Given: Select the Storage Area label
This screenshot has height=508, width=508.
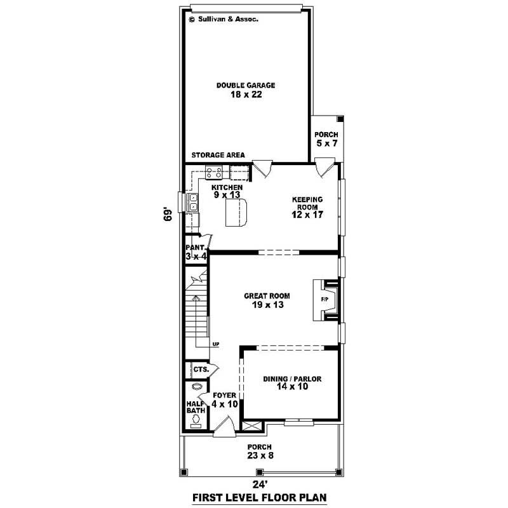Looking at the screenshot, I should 218,155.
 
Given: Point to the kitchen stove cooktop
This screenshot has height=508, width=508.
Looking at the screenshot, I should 213,171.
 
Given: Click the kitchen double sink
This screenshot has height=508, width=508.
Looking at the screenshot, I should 192,203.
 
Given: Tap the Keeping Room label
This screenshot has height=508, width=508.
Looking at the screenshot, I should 308,207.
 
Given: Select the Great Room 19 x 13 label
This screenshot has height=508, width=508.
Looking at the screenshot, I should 267,300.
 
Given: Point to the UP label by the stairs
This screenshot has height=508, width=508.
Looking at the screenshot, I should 216,344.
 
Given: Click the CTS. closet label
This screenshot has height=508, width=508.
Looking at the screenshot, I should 200,369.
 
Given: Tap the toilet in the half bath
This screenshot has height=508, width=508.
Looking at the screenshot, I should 196,419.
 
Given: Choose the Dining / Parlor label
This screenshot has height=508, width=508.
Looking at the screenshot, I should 292,383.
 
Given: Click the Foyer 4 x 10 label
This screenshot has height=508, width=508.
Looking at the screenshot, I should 224,399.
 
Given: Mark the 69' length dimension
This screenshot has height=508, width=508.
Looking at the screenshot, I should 168,215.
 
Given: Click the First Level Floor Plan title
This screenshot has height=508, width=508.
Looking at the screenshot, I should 261,497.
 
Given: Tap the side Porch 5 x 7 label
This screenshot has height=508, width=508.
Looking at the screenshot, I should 326,140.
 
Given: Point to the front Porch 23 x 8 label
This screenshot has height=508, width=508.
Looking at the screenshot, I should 260,450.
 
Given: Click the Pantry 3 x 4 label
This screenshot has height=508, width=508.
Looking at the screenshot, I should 196,252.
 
